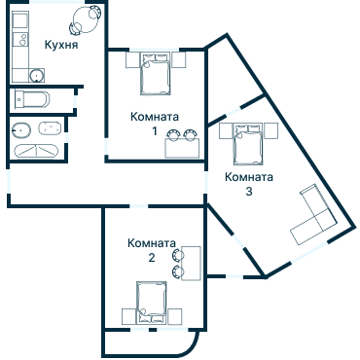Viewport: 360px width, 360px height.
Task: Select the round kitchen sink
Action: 35,75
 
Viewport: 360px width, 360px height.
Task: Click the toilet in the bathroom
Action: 21,129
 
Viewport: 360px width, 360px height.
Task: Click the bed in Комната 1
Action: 157,72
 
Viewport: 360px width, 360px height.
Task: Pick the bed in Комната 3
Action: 245,146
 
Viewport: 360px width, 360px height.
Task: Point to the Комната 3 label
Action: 249,184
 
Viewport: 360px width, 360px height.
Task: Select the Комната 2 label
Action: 151,250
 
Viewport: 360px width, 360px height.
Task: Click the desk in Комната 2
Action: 191,263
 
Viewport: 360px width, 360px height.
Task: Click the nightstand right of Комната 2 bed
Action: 178,315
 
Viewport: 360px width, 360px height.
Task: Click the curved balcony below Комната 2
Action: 151,342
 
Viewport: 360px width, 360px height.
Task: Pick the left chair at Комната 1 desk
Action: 173,134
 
